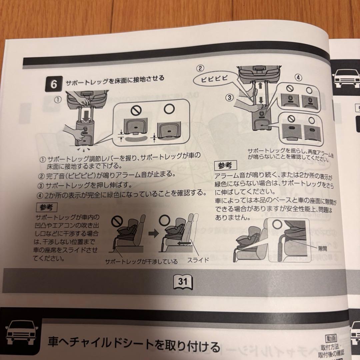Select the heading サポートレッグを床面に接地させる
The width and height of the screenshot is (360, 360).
tap(115, 80)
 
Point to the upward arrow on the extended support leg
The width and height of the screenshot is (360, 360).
tap(258, 86)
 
